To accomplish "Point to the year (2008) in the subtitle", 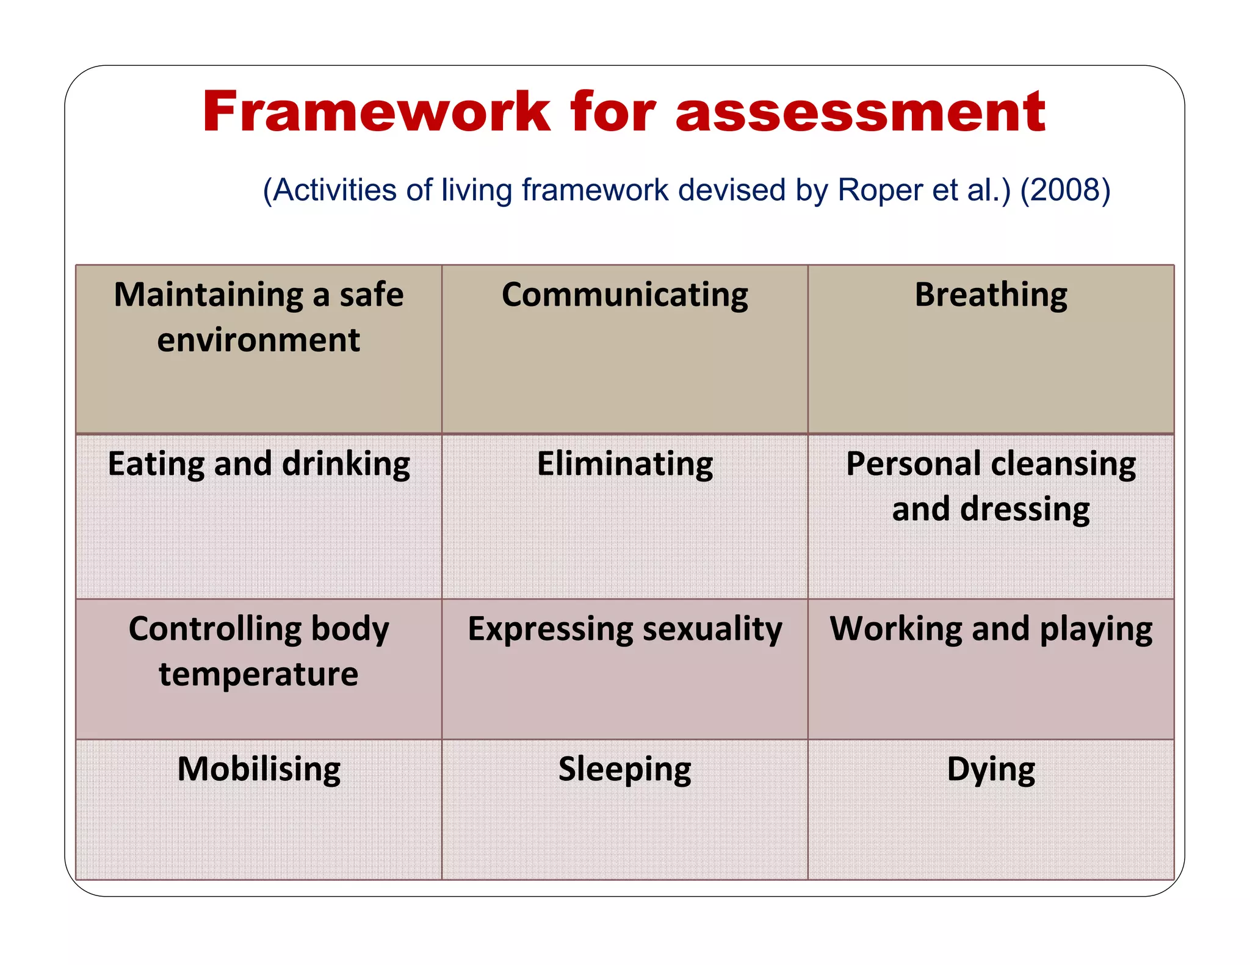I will pyautogui.click(x=1065, y=190).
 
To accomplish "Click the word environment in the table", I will pyautogui.click(x=259, y=340).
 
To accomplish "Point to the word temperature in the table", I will pyautogui.click(x=259, y=675).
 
